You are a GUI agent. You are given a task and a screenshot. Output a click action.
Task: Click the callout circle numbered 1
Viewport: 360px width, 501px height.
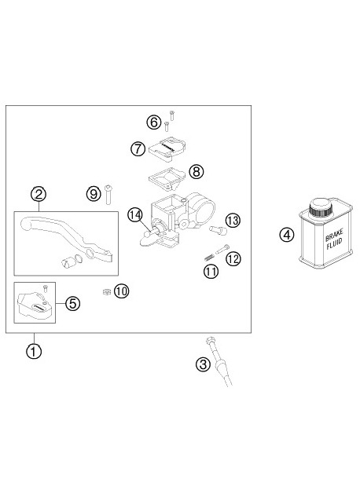33,350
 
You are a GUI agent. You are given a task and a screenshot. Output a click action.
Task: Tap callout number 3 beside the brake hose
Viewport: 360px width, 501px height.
203,364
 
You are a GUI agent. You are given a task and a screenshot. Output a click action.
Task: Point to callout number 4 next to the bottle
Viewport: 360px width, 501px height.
287,234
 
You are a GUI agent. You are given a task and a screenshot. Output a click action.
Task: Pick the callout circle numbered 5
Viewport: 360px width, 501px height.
72,303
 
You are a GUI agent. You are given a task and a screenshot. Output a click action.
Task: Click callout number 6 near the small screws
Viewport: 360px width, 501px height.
154,122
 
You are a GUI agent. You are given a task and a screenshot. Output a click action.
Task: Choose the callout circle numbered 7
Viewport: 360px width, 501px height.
137,147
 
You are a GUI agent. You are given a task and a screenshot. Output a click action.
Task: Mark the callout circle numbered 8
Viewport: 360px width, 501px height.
196,170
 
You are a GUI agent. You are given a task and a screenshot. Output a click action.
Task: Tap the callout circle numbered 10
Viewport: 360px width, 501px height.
120,291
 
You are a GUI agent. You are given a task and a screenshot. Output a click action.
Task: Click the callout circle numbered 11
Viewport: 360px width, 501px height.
210,272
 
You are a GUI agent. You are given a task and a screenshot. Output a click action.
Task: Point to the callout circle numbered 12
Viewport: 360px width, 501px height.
233,258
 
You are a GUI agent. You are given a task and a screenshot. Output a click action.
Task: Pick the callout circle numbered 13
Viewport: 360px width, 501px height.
232,219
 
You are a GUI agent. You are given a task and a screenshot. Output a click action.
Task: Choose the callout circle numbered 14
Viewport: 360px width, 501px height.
134,214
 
